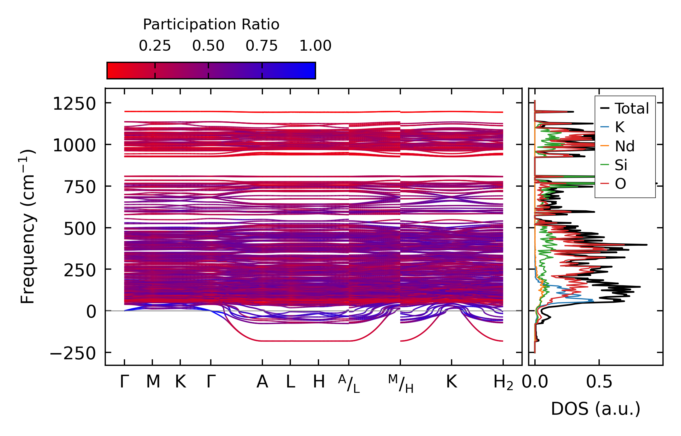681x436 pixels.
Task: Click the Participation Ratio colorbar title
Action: (211, 25)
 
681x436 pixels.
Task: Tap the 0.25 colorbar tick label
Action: (155, 46)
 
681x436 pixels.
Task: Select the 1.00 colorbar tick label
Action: (315, 46)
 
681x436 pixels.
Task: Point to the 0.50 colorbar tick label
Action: (208, 46)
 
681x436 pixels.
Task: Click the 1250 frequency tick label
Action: (74, 104)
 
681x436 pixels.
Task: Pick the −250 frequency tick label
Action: (73, 354)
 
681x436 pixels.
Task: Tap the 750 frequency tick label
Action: (80, 188)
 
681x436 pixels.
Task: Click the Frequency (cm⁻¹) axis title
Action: (28, 227)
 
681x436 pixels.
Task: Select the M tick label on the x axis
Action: (153, 382)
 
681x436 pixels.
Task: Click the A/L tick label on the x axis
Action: (349, 384)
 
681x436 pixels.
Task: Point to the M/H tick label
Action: (401, 384)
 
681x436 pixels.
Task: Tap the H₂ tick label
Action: (503, 383)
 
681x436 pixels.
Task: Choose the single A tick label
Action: (262, 382)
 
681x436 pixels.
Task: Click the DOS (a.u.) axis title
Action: (596, 409)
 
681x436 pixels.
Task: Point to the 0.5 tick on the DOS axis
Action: (599, 382)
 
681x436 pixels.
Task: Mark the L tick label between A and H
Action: (290, 382)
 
